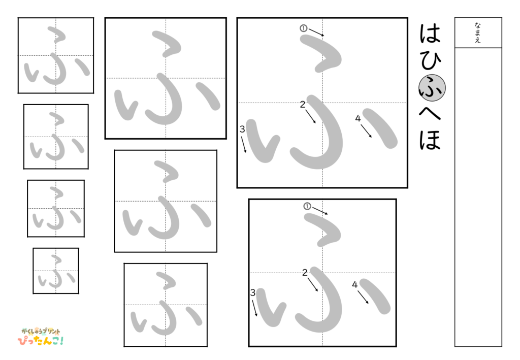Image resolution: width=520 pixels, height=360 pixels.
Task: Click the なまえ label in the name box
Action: coord(478,32)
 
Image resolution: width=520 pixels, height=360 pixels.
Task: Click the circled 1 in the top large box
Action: coord(303,28)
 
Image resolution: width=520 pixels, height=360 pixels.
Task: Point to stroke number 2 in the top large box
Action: coord(303,105)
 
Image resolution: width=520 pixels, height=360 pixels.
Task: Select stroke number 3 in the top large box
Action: coord(242,129)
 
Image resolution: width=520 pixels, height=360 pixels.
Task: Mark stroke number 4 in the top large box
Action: coord(357,118)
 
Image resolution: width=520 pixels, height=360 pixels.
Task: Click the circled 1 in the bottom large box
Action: coord(307,206)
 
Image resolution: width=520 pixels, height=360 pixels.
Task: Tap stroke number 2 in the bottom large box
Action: coord(305,273)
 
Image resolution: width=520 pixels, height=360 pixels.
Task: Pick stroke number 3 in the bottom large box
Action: coord(252,292)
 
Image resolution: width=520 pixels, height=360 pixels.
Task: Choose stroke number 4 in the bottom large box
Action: coord(354,284)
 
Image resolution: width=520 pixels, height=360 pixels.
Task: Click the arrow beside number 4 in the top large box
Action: coord(366,130)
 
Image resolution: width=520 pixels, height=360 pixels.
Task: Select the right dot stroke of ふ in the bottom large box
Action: coord(375,296)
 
